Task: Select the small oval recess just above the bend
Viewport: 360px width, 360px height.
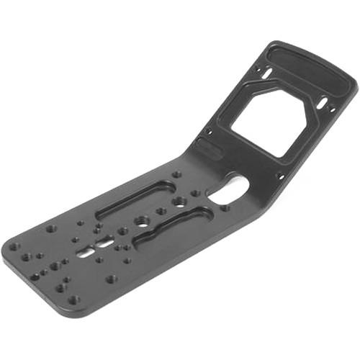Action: point(209,149)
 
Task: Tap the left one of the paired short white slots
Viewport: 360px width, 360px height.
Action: point(86,253)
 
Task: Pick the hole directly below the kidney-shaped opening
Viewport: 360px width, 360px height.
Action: point(225,208)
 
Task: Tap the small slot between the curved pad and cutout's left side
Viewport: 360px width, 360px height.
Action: point(267,73)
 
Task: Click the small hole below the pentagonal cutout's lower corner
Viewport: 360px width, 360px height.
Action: point(280,175)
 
